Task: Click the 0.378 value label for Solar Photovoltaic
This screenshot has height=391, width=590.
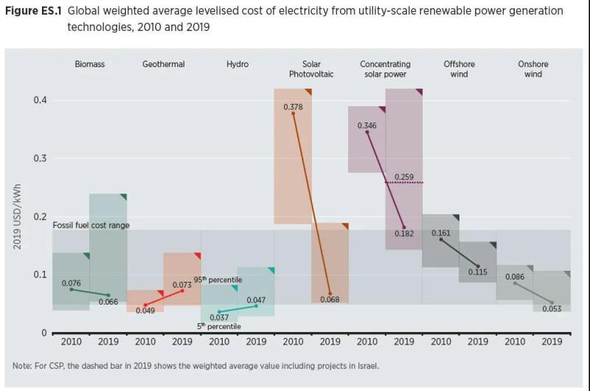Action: (x=293, y=107)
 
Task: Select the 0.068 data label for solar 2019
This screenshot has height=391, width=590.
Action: (x=330, y=300)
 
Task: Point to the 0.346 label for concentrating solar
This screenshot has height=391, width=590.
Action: (x=367, y=125)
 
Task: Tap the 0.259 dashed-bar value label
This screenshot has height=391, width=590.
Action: (x=403, y=176)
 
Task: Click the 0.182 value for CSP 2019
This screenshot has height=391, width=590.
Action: (x=403, y=233)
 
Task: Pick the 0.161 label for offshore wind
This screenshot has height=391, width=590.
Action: (x=441, y=232)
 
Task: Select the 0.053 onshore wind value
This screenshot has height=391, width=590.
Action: (x=552, y=308)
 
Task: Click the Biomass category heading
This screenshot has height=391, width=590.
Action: (x=90, y=64)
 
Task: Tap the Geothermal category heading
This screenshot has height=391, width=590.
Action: (x=164, y=64)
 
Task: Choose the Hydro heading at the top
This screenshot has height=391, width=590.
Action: (x=237, y=64)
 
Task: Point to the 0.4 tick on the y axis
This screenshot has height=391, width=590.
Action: (x=40, y=100)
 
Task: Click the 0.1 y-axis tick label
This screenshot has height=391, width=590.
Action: (x=40, y=275)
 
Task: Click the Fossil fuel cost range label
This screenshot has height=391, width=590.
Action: (x=91, y=224)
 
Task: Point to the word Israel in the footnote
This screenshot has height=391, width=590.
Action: (x=367, y=366)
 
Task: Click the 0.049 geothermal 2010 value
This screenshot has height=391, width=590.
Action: (x=145, y=311)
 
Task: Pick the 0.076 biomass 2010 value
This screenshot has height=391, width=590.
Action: (x=72, y=283)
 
